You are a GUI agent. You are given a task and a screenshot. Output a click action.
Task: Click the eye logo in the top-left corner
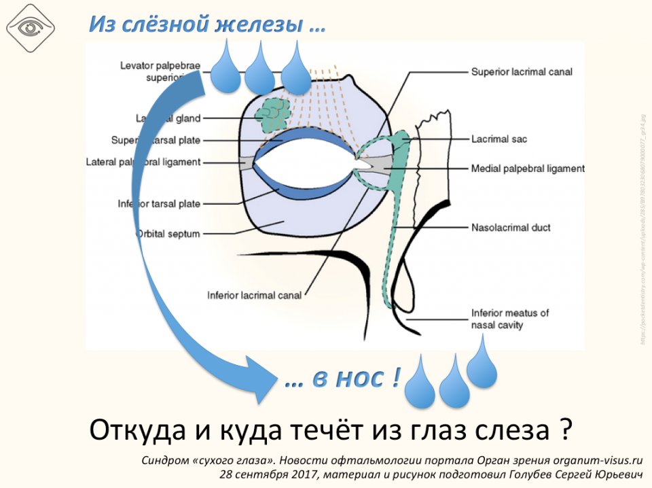coord(30,28)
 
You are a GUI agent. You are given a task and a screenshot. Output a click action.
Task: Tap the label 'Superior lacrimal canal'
coord(522,71)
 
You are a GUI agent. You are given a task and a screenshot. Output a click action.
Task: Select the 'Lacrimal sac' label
coord(499,139)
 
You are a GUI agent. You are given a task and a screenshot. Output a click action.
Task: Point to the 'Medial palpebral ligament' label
coord(528,168)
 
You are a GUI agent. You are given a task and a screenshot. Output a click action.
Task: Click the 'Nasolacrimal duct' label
coord(511,228)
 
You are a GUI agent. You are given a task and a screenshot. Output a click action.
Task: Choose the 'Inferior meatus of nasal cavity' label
coord(510,319)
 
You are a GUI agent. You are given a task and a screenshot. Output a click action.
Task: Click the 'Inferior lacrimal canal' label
coord(254,296)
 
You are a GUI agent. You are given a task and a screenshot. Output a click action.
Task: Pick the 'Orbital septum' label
coord(168,234)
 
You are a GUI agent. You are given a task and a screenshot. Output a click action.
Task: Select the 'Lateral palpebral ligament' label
coord(143,162)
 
